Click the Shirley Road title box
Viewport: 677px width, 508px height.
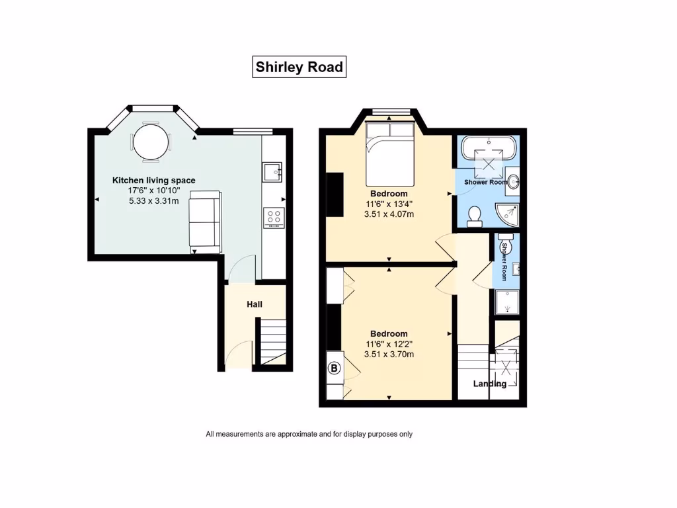(299, 67)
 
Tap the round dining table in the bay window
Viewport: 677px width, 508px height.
(150, 142)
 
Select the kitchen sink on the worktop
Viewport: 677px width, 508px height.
(272, 172)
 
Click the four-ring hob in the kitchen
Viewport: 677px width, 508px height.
(274, 218)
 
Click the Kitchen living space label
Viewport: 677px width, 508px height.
(153, 180)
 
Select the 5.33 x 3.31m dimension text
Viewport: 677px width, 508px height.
(153, 201)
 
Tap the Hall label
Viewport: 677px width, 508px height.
(255, 304)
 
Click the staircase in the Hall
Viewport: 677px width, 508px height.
(273, 341)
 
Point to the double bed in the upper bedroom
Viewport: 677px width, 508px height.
(390, 153)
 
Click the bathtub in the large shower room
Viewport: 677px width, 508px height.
(489, 148)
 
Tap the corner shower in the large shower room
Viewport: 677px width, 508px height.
(507, 215)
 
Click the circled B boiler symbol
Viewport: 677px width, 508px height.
(334, 368)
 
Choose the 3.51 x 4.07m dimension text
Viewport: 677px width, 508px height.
(389, 214)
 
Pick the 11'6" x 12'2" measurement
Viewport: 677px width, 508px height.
(389, 344)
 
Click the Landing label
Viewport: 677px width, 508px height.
(490, 384)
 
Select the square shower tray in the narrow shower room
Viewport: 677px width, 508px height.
(507, 302)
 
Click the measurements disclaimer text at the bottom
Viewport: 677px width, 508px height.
(309, 434)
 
